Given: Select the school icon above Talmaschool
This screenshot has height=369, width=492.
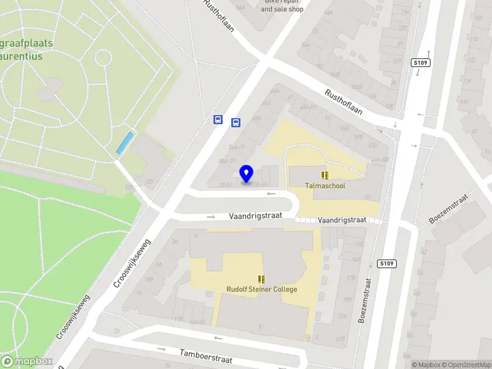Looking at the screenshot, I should point(325,175).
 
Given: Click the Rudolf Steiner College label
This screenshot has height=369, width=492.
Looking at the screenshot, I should point(261,289).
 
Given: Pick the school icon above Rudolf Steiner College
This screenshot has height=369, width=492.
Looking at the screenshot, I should point(261,279).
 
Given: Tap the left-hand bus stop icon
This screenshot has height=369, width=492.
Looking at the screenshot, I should point(218,120).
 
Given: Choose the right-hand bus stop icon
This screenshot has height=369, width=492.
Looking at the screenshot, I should point(236,122).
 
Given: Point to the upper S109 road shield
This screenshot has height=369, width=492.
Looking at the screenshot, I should point(420,63).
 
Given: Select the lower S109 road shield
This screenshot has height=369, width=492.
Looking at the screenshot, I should point(386,264).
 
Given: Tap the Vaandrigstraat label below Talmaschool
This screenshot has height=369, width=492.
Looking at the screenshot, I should point(341,220).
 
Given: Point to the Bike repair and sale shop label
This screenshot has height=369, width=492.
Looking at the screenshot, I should point(282,6).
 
